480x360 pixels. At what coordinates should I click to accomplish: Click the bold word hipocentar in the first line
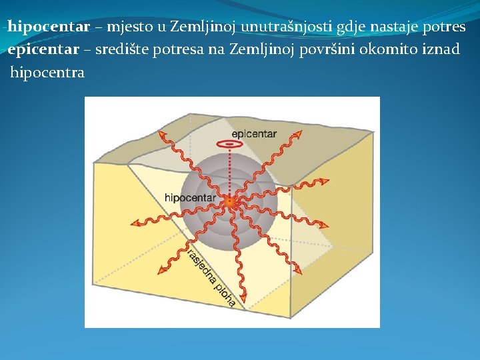click(49, 27)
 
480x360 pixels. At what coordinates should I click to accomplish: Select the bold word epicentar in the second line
click(45, 50)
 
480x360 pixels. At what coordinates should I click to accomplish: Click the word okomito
click(389, 50)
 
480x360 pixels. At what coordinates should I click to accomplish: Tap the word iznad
click(441, 50)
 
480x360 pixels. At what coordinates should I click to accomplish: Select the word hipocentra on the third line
click(47, 73)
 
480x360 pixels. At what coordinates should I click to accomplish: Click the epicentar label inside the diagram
click(255, 134)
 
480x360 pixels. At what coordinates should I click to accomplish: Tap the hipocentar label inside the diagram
click(190, 198)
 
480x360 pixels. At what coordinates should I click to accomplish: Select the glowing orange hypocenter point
click(229, 201)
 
